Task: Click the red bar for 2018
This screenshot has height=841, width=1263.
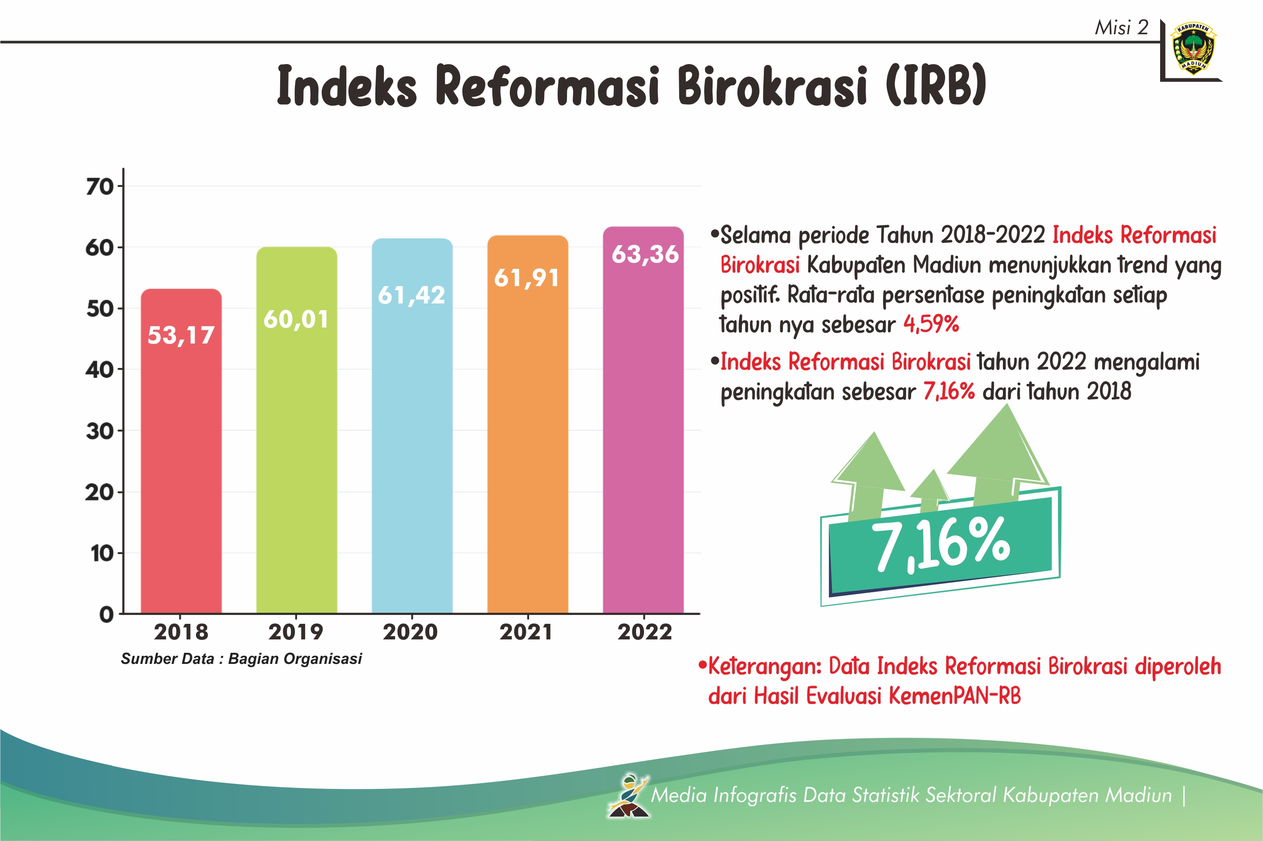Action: pyautogui.click(x=181, y=451)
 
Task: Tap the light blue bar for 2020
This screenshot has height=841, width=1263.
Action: pyautogui.click(x=412, y=426)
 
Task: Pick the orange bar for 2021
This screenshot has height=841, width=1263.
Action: pyautogui.click(x=528, y=424)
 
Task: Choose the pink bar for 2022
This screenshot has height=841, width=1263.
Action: pyautogui.click(x=643, y=420)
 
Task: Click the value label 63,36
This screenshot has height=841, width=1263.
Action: pyautogui.click(x=645, y=254)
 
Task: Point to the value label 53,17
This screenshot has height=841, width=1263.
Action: pyautogui.click(x=181, y=335)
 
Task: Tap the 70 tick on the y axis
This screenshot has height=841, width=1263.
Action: pyautogui.click(x=100, y=186)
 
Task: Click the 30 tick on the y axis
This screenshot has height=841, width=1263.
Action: pyautogui.click(x=100, y=431)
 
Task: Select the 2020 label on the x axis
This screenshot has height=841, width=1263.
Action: pyautogui.click(x=411, y=632)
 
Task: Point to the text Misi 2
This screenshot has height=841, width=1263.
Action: pyautogui.click(x=1121, y=27)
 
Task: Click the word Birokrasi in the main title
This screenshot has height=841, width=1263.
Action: pyautogui.click(x=771, y=85)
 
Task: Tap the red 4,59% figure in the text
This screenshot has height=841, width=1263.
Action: pyautogui.click(x=931, y=324)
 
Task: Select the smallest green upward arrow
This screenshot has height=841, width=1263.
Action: pyautogui.click(x=931, y=490)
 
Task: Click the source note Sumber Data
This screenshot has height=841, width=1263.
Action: pyautogui.click(x=241, y=659)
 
